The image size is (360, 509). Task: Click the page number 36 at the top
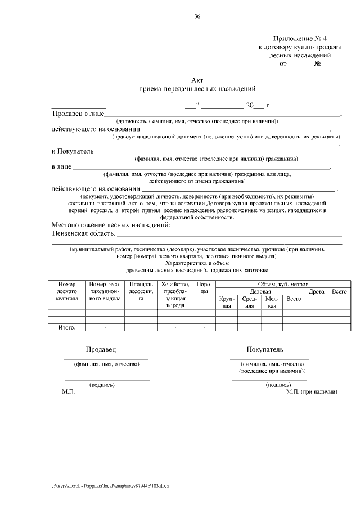point(197,16)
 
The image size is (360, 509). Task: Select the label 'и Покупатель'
point(72,151)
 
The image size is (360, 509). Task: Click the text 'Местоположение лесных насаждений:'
point(111,225)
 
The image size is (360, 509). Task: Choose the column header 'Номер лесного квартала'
point(67,291)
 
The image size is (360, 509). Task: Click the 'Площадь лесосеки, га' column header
point(141,291)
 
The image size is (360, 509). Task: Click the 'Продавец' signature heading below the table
point(101,349)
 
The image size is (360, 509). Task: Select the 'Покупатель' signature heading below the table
point(269,349)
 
